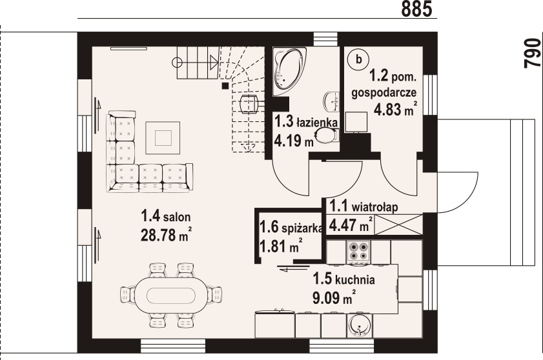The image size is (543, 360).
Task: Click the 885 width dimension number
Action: (x=417, y=8)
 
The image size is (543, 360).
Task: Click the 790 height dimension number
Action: (x=533, y=53)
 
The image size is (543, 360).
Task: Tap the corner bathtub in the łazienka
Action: (x=289, y=71)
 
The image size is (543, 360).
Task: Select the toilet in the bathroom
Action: (x=327, y=135)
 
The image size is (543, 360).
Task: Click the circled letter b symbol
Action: (x=359, y=59)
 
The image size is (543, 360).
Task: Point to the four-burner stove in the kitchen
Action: (x=358, y=252)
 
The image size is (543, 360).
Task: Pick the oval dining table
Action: (x=170, y=295)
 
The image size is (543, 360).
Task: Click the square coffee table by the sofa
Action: (x=163, y=138)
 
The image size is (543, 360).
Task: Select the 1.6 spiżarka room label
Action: (x=291, y=228)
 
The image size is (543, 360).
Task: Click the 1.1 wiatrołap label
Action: (x=364, y=206)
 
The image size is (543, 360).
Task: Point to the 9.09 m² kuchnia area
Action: (x=334, y=297)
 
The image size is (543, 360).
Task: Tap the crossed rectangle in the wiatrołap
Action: (x=398, y=225)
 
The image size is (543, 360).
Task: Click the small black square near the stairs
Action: (x=225, y=86)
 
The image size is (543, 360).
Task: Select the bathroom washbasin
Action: (x=332, y=102)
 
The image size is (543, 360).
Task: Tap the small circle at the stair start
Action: (x=177, y=63)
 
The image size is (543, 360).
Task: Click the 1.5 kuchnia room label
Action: (x=343, y=279)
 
